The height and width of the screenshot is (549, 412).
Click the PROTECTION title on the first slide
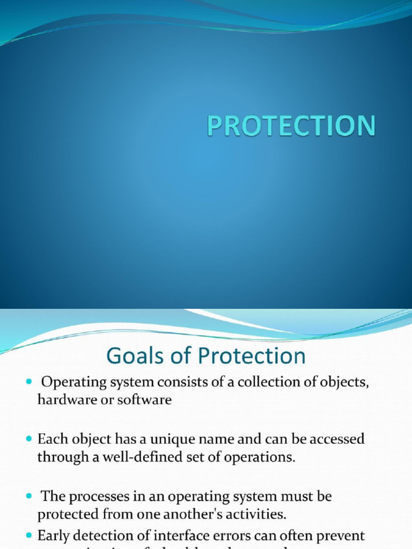291,127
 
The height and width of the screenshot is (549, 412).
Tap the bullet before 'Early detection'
29,536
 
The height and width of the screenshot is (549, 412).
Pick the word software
149,400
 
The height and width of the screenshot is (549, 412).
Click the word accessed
335,440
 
